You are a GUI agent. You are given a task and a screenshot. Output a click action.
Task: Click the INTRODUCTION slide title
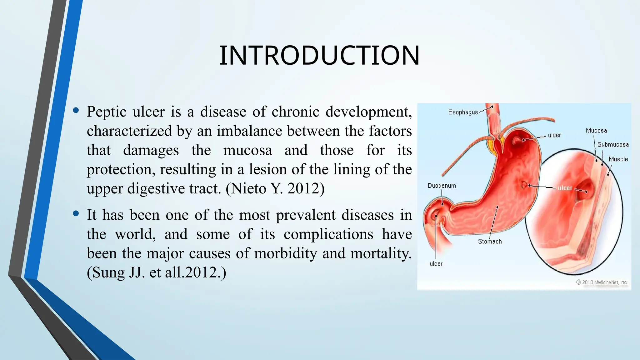coord(319,56)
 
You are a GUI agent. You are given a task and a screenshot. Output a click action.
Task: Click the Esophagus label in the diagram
coord(463,112)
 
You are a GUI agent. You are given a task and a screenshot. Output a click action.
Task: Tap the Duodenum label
coord(442,186)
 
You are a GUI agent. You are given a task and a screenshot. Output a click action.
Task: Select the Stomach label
coord(490,241)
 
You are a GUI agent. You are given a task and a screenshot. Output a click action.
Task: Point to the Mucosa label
coord(596,131)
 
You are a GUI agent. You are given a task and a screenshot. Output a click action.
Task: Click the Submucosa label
coord(613,144)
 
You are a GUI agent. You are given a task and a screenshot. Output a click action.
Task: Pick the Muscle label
coord(618,159)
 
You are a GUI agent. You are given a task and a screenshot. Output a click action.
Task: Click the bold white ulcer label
coord(565,188)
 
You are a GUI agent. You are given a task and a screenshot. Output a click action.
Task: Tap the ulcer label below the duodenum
coord(436,264)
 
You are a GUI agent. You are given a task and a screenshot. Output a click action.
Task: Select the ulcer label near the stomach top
coord(554,135)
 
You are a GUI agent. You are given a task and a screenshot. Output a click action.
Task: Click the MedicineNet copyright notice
coord(602,282)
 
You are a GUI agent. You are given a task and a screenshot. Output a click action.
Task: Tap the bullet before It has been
coord(76,213)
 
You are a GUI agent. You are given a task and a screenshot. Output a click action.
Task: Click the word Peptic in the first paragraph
coord(107,112)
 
